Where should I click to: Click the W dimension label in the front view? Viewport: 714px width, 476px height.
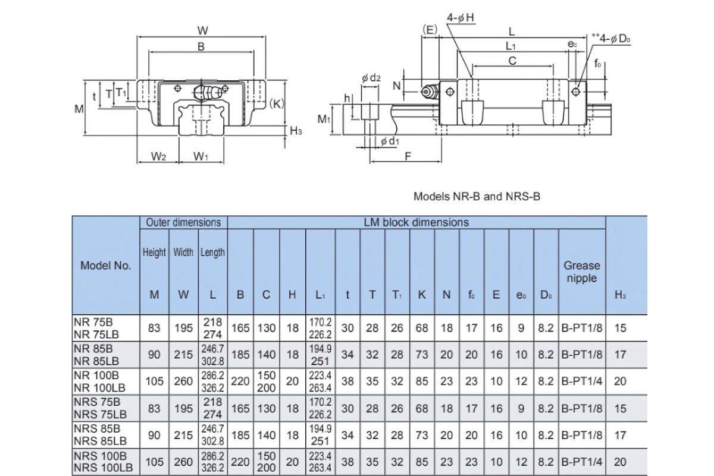(202, 30)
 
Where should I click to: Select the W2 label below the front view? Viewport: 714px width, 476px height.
(158, 156)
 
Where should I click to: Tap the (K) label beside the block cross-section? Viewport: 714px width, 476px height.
(277, 104)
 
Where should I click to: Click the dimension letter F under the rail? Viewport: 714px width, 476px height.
(408, 156)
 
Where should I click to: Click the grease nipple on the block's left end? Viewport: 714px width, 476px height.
(427, 92)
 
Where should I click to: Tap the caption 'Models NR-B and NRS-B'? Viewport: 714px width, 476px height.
(477, 195)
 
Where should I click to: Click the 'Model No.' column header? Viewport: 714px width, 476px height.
(106, 266)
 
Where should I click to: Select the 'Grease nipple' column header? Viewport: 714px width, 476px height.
(581, 272)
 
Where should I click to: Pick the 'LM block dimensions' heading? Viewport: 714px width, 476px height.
(416, 223)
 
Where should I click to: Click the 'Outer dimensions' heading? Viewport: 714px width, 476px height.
(184, 223)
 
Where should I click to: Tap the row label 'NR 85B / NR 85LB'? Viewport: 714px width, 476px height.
(96, 355)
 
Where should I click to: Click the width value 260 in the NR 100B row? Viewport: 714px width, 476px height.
(183, 381)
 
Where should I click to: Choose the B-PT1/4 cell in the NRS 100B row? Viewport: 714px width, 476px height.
(581, 462)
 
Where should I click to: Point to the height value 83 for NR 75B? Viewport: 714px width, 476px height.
(154, 328)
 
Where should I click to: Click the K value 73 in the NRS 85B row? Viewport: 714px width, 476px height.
(421, 435)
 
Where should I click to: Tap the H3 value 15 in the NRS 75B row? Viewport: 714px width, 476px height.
(620, 409)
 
